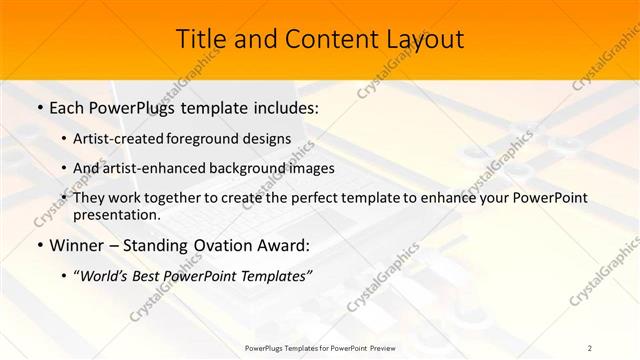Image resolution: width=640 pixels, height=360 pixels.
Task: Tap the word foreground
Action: click(205, 138)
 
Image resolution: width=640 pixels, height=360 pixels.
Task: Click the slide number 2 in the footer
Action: click(590, 347)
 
